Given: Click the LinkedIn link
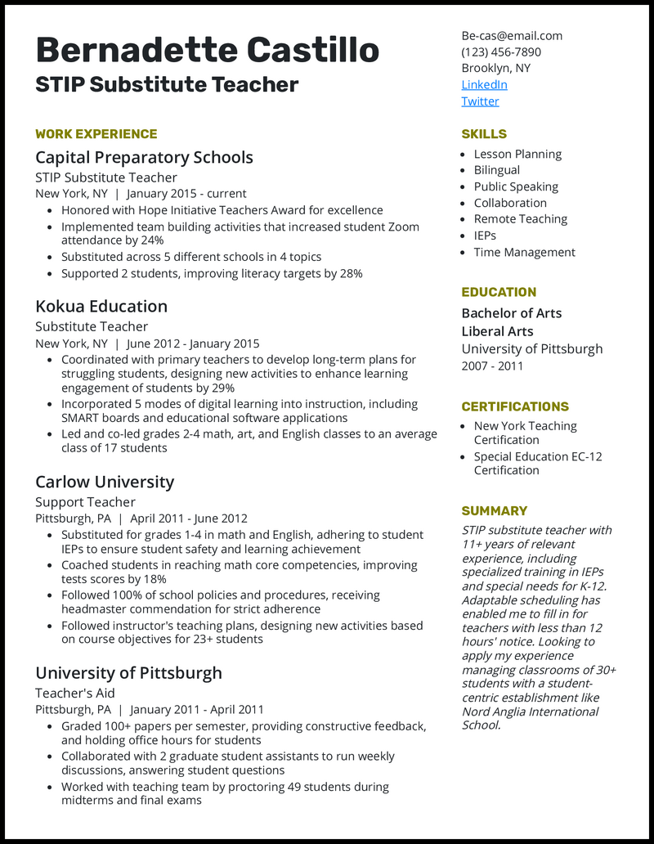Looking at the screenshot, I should (484, 85).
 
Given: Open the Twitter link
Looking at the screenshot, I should (480, 101).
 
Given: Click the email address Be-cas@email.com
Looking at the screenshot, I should (512, 36).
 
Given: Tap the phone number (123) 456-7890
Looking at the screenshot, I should (501, 52).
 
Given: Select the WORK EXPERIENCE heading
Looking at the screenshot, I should (96, 134).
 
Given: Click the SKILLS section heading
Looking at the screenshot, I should (484, 134).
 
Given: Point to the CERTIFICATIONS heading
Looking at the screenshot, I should (515, 406).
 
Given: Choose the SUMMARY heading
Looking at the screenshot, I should (495, 511).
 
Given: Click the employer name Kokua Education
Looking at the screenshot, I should (101, 307).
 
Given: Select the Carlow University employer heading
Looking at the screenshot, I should (105, 483).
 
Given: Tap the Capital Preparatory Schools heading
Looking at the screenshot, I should (144, 158).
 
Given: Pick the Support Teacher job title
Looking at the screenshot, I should (85, 502).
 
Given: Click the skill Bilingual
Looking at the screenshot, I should (497, 170).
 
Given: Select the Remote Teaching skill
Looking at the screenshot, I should (521, 219).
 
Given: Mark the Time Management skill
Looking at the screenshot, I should (525, 253).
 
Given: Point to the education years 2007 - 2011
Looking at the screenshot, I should (492, 366).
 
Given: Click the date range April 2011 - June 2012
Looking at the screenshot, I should (189, 519).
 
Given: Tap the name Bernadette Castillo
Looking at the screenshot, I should (208, 51).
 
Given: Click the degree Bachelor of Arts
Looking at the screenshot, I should (512, 313).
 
